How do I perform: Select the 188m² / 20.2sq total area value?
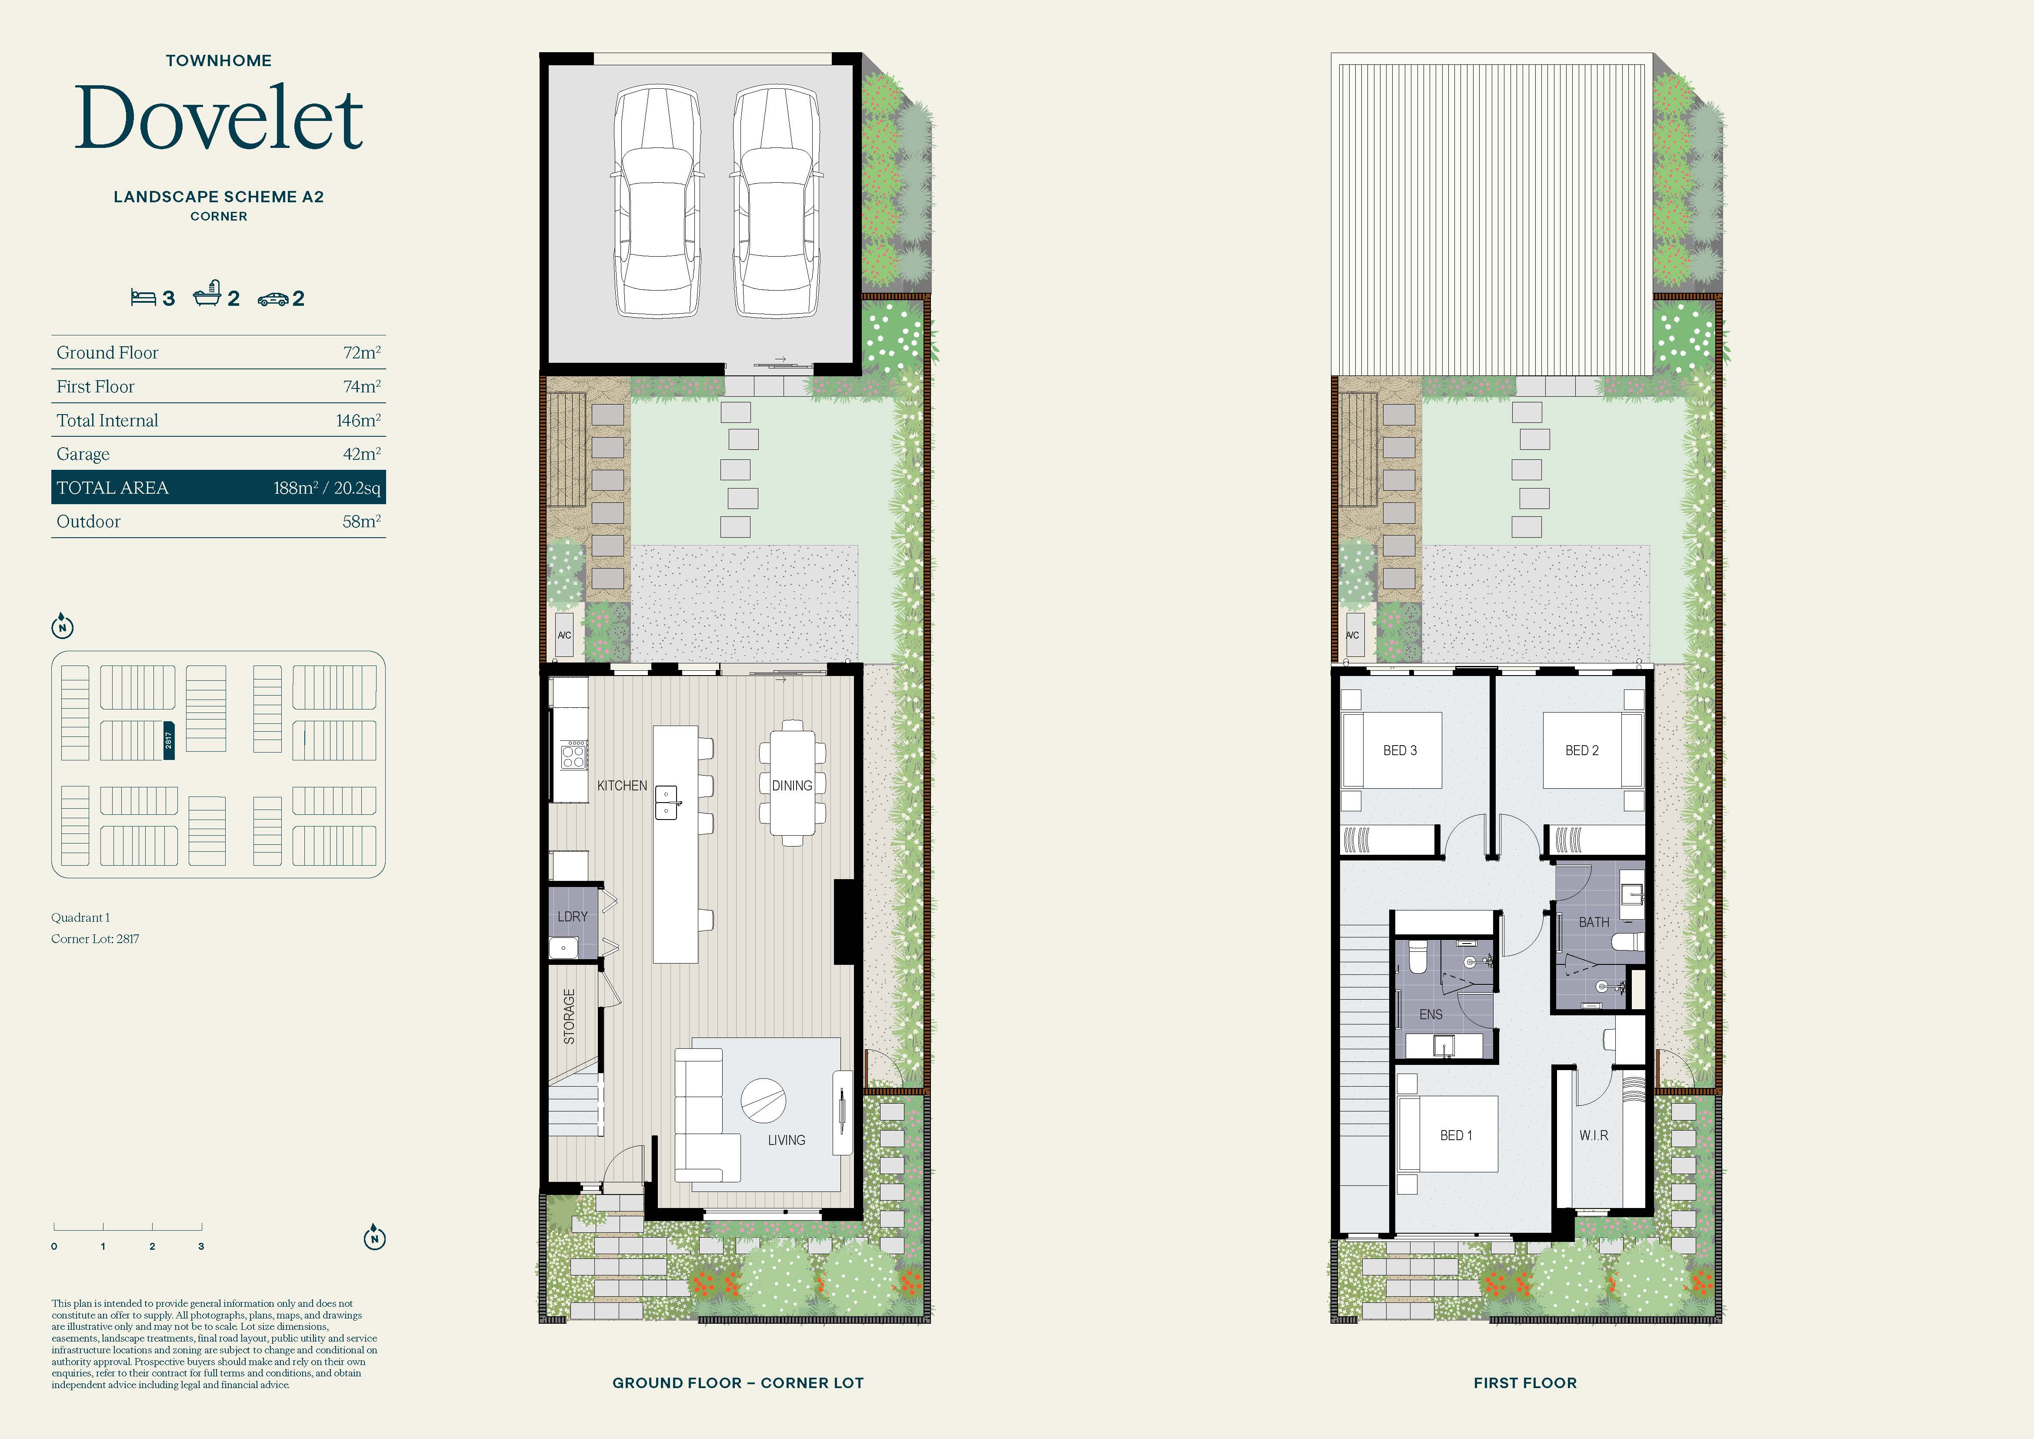pyautogui.click(x=327, y=487)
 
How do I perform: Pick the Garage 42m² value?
pyautogui.click(x=361, y=454)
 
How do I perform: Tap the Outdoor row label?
pyautogui.click(x=89, y=521)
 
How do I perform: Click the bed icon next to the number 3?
pyautogui.click(x=143, y=297)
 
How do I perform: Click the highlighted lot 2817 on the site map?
pyautogui.click(x=168, y=740)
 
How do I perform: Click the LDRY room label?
pyautogui.click(x=572, y=916)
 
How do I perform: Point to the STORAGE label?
pyautogui.click(x=569, y=1016)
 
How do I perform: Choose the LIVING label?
pyautogui.click(x=787, y=1141)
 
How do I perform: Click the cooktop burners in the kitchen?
pyautogui.click(x=573, y=756)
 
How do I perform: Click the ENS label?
pyautogui.click(x=1430, y=1014)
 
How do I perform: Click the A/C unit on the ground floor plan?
pyautogui.click(x=564, y=635)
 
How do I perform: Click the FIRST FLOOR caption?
pyautogui.click(x=1524, y=1382)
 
